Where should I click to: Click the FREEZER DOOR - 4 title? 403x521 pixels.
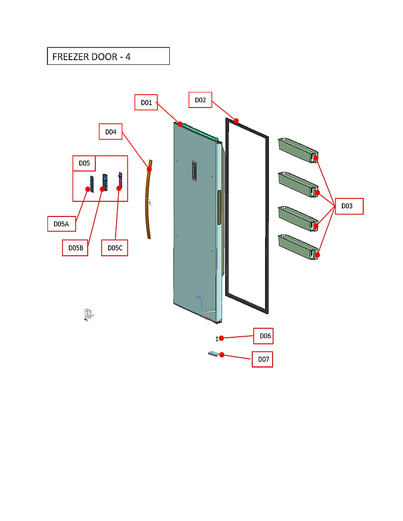tap(108, 56)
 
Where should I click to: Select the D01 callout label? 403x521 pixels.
tap(146, 102)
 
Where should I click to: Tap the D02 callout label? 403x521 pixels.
tap(200, 100)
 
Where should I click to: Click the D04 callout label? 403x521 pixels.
tap(110, 132)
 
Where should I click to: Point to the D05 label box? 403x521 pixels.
tap(84, 163)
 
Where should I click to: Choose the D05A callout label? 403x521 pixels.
tap(62, 224)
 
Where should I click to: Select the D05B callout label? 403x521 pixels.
tap(75, 248)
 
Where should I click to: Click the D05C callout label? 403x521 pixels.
tap(115, 248)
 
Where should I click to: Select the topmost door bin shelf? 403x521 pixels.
tap(297, 150)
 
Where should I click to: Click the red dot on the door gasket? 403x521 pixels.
tap(236, 121)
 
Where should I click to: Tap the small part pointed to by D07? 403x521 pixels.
tap(213, 354)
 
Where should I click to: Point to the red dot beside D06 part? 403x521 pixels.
tap(221, 338)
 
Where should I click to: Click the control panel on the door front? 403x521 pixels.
tap(194, 171)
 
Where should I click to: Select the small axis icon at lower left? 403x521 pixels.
tap(88, 314)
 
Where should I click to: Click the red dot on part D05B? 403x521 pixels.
tap(102, 189)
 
